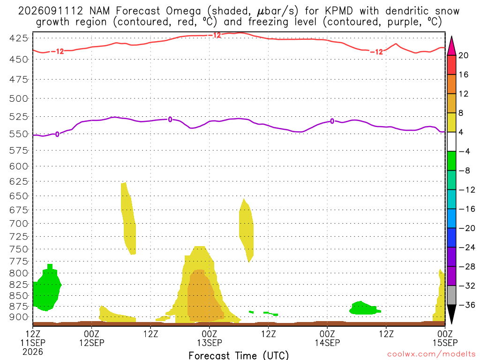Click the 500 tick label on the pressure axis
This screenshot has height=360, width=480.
[x=19, y=98]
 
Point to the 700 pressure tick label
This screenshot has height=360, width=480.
[x=19, y=224]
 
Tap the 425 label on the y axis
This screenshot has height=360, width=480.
[x=19, y=38]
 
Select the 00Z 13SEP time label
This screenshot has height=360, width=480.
[x=210, y=338]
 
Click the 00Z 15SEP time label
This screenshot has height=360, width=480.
[x=445, y=338]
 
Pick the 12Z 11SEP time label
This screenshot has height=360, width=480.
[x=33, y=343]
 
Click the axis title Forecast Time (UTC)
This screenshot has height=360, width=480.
[x=239, y=355]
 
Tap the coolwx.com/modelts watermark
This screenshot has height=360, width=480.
[x=431, y=354]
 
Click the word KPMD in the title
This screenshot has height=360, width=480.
[x=338, y=11]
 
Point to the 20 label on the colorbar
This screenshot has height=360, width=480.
[x=463, y=55]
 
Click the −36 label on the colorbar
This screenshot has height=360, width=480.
[x=466, y=305]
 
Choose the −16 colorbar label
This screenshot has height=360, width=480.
[x=466, y=209]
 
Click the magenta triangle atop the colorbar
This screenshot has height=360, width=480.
[x=451, y=46]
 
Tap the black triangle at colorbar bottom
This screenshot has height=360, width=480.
[x=451, y=314]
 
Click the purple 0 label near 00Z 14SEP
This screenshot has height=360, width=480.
[x=332, y=121]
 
